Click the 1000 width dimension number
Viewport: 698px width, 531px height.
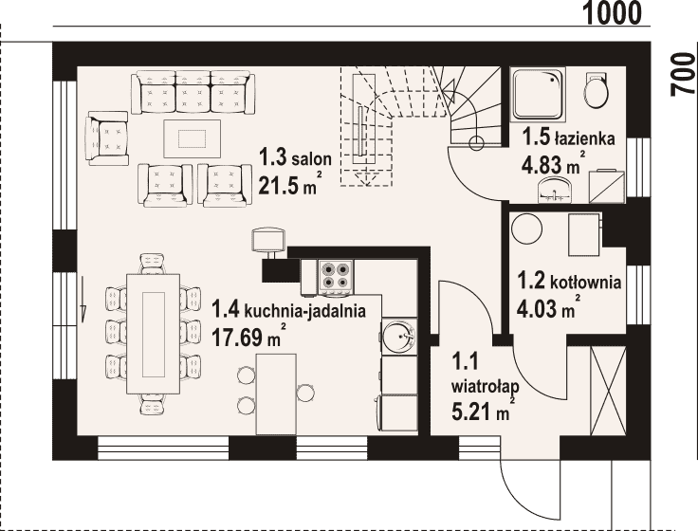tap(613, 14)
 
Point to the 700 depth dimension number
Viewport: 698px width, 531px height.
tap(683, 73)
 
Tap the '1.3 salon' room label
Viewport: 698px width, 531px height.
tap(296, 158)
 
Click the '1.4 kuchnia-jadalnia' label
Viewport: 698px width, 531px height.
tap(288, 309)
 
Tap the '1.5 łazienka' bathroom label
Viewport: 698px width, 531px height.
tap(568, 137)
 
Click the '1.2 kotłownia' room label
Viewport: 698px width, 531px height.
tap(569, 282)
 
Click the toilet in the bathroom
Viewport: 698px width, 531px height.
tap(596, 89)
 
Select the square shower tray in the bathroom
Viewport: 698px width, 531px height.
tap(538, 95)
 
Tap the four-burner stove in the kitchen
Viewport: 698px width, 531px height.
tap(336, 277)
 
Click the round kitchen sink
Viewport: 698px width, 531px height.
tap(399, 336)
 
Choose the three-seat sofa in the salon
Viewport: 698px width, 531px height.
tap(193, 92)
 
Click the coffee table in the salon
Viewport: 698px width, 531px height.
tap(192, 138)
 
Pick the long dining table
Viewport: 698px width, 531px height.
tap(154, 334)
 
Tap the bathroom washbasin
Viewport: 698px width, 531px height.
tap(554, 189)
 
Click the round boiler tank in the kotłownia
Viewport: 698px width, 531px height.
tap(526, 229)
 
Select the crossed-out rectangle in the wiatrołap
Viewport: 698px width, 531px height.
tap(608, 392)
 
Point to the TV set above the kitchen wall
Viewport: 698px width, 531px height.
tap(268, 241)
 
